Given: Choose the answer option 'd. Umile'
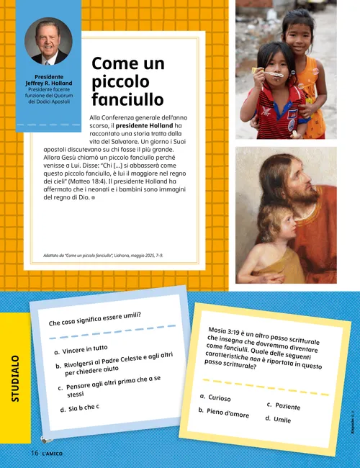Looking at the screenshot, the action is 278,419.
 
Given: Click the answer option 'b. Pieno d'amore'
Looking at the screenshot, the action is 224,413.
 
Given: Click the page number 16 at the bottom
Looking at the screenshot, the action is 34,452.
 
